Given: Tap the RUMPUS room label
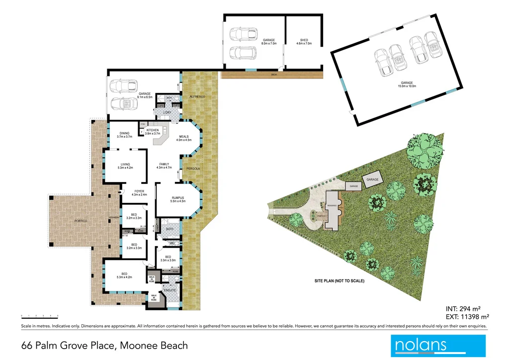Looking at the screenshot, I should (177, 199).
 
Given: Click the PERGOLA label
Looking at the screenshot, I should (193, 169).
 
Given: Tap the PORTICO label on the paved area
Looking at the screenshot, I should (81, 220).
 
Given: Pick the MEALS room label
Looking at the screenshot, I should (184, 138).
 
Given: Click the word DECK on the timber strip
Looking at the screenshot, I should (273, 75).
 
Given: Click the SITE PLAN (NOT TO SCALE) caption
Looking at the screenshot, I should (339, 281).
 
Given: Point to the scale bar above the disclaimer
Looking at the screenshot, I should (40, 316).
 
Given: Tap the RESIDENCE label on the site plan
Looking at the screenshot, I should (332, 205).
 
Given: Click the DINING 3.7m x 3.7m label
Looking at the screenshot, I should (125, 135).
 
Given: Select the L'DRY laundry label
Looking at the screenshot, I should (167, 113).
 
